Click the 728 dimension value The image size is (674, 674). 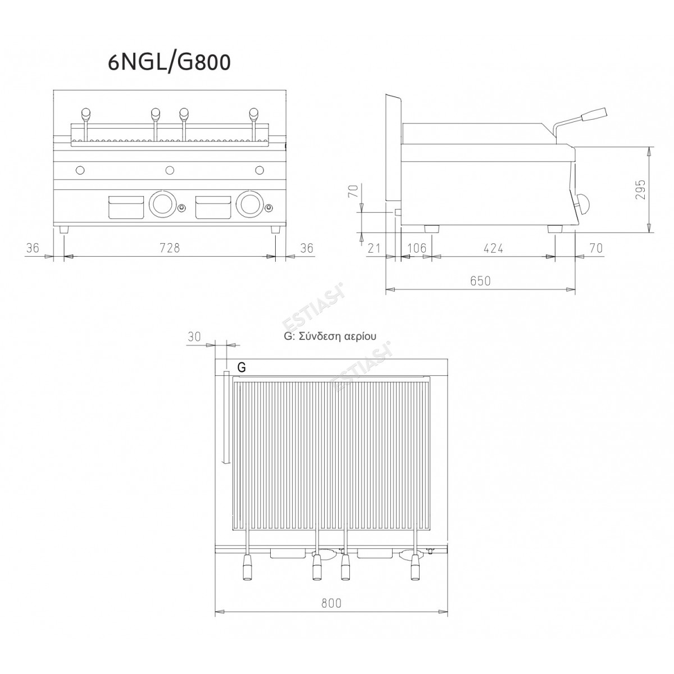(x=170, y=248)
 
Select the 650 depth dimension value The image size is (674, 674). (x=480, y=280)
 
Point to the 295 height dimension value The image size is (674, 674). (x=639, y=190)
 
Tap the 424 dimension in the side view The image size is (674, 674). (x=493, y=248)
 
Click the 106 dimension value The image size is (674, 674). (x=417, y=248)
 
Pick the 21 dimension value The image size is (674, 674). (x=374, y=248)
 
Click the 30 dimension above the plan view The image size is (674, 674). (x=194, y=336)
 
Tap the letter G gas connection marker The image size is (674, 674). (x=242, y=367)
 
